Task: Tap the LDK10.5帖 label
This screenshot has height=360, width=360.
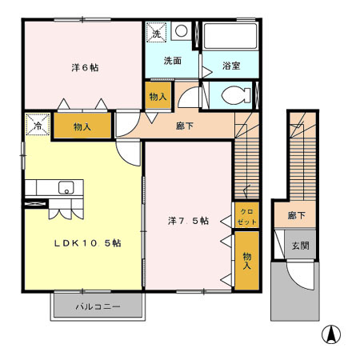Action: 87,242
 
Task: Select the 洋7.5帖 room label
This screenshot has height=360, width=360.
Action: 188,221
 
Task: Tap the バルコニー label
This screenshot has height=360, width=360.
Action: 98,306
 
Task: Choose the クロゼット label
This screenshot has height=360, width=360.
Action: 246,215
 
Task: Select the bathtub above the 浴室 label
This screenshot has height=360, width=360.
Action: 229,37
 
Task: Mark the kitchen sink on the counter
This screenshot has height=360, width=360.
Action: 66,188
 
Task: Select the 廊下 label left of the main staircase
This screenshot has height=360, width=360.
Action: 184,125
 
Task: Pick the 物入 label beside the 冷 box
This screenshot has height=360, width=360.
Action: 82,126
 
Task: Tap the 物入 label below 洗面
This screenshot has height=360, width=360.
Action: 158,96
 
